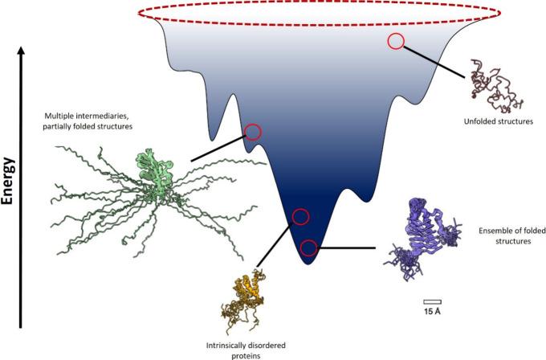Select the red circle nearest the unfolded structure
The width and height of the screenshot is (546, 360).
pos(396,41)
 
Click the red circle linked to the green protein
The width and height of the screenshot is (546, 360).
pos(252,132)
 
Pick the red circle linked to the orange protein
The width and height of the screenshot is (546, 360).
pos(300,216)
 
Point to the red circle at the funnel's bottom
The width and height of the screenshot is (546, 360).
pos(309,247)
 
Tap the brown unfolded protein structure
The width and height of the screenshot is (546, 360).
pos(495,85)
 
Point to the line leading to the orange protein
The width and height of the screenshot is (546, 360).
pos(277,246)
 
